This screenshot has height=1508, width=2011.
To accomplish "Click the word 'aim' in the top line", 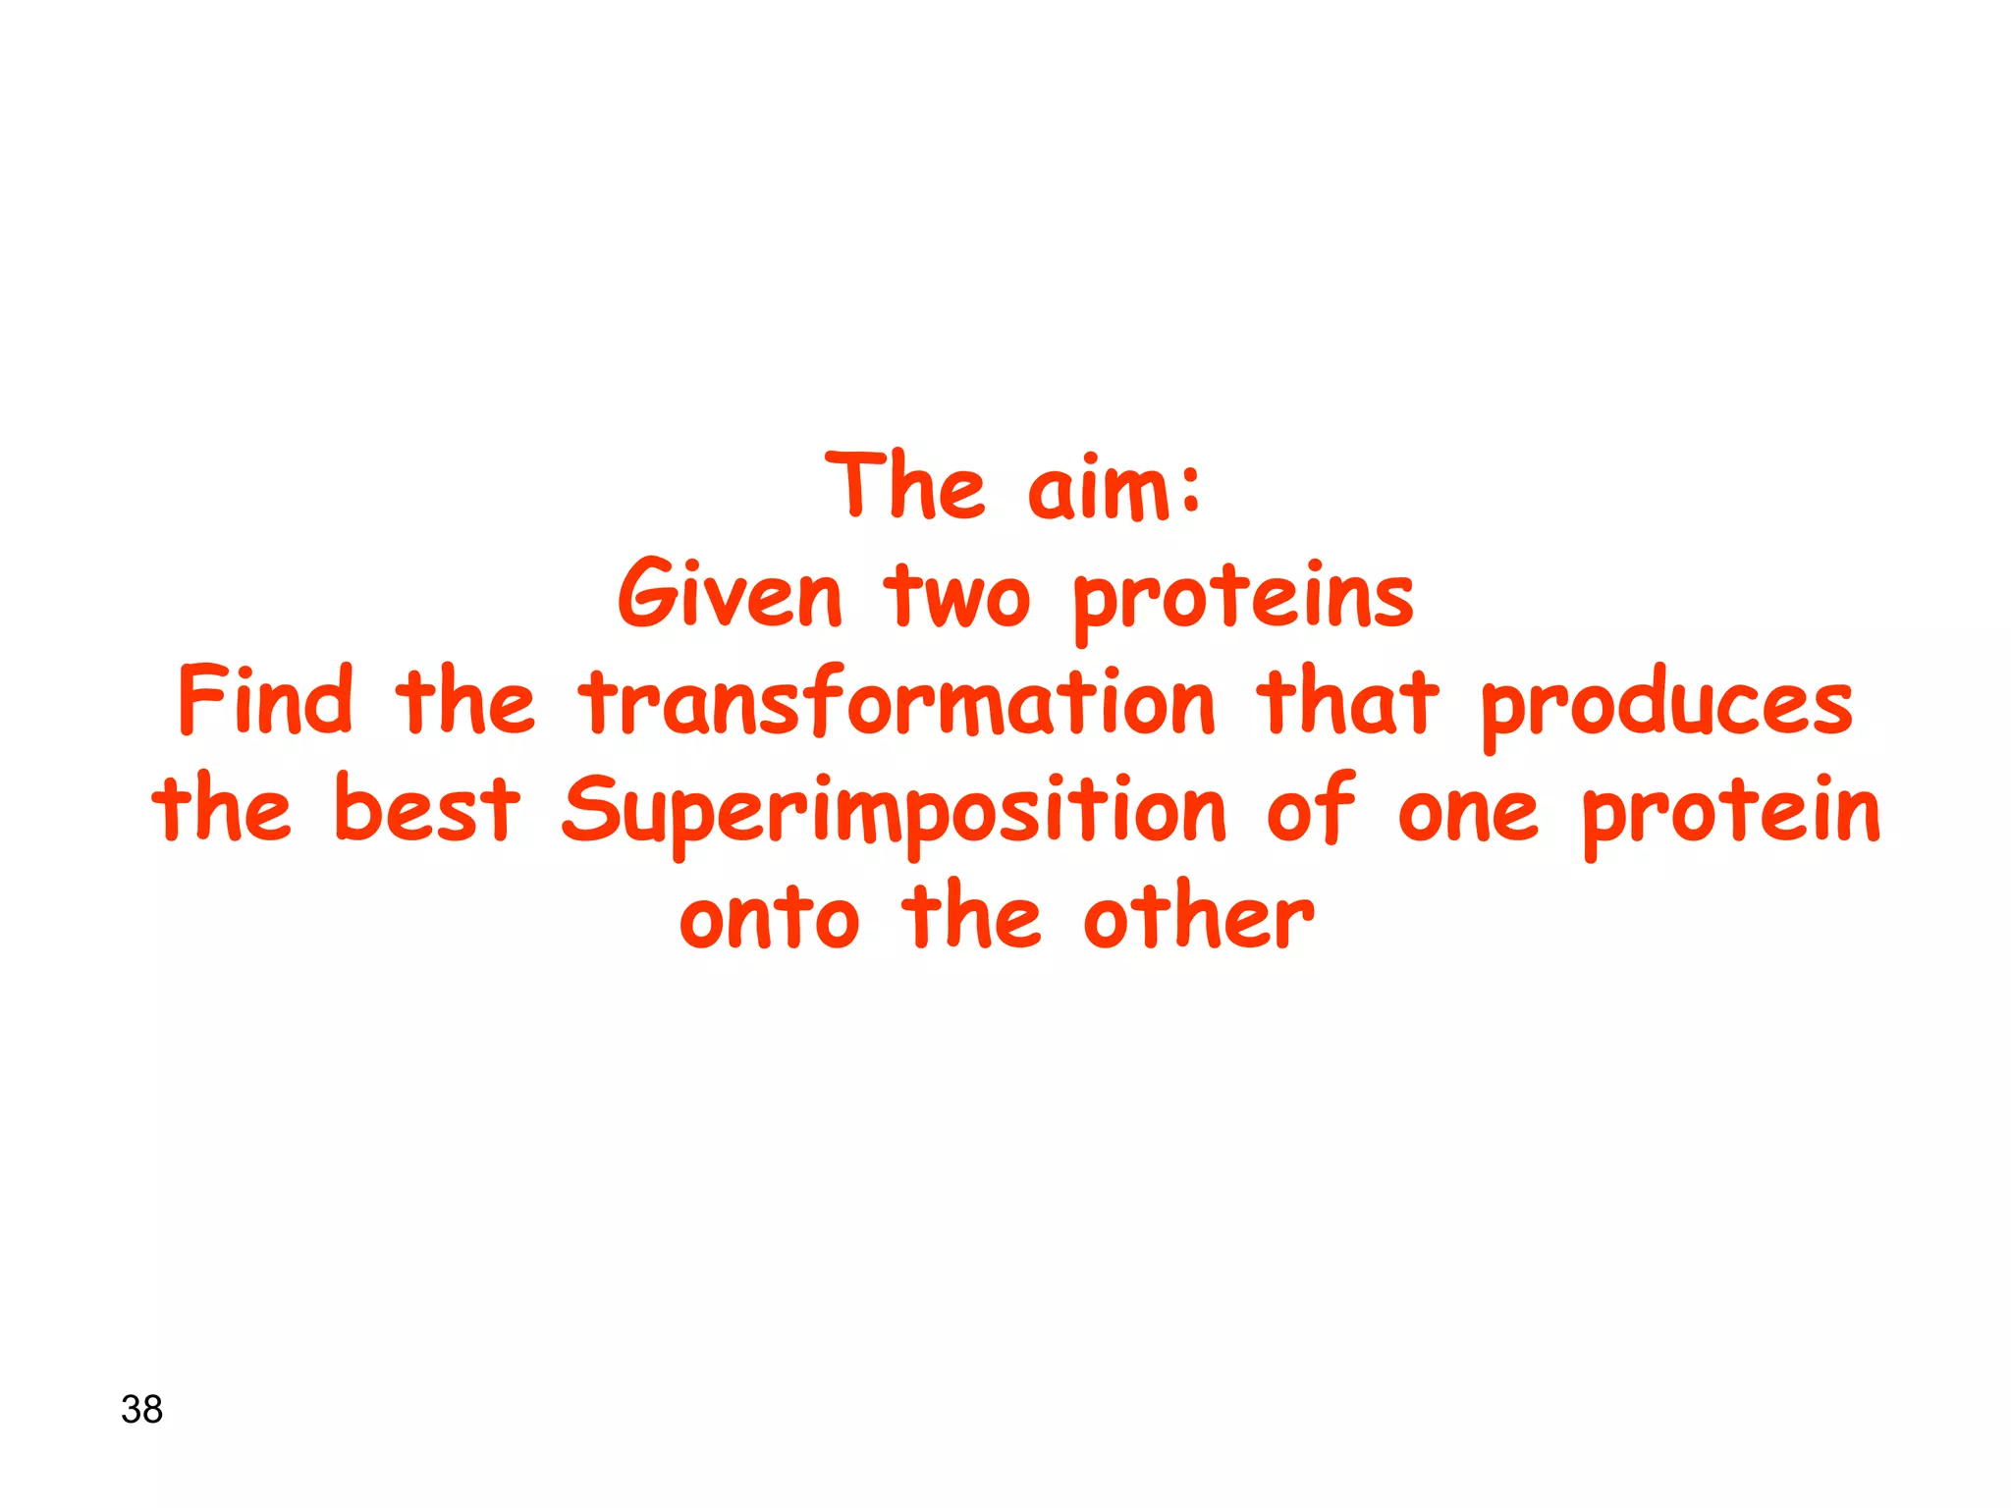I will pyautogui.click(x=1098, y=490).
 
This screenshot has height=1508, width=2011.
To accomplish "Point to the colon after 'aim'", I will pyautogui.click(x=1191, y=491).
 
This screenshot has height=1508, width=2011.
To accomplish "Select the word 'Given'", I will pyautogui.click(x=730, y=594).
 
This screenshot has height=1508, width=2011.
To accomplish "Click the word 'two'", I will pyautogui.click(x=956, y=596).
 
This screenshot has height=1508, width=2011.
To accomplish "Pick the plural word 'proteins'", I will pyautogui.click(x=1243, y=599).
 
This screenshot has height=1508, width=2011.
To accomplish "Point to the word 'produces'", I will pyautogui.click(x=1666, y=705).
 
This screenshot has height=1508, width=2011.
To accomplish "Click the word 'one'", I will pyautogui.click(x=1467, y=813).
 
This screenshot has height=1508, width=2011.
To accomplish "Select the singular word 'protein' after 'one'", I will pyautogui.click(x=1730, y=813).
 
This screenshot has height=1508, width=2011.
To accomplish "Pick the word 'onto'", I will pyautogui.click(x=769, y=918).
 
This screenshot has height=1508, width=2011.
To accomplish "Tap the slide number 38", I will pyautogui.click(x=141, y=1409).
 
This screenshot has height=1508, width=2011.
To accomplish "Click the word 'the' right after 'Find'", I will pyautogui.click(x=464, y=700).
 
